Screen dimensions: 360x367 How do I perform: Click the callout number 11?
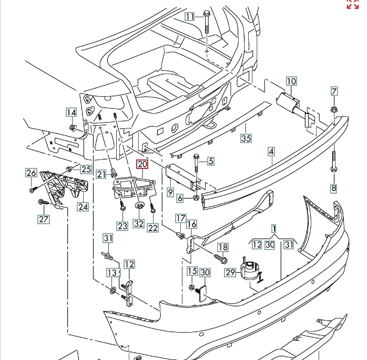pyautogui.click(x=190, y=16)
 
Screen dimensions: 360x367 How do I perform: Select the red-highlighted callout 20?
pyautogui.click(x=143, y=164)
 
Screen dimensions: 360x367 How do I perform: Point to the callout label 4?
pyautogui.click(x=271, y=152)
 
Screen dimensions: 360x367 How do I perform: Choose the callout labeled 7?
pyautogui.click(x=334, y=91)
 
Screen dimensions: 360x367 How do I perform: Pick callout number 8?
pyautogui.click(x=333, y=188)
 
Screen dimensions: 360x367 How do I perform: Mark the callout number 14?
pyautogui.click(x=71, y=112)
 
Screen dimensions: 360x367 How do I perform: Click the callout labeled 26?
pyautogui.click(x=31, y=173)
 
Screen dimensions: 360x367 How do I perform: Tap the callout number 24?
pyautogui.click(x=82, y=206)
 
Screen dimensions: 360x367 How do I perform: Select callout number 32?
pyautogui.click(x=139, y=223)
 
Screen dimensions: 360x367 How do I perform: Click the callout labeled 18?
pyautogui.click(x=223, y=247)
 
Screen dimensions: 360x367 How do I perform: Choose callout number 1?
pyautogui.click(x=274, y=229)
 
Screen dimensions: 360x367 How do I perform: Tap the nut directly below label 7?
pyautogui.click(x=334, y=109)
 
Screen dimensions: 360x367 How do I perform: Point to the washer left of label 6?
pyautogui.click(x=196, y=198)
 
